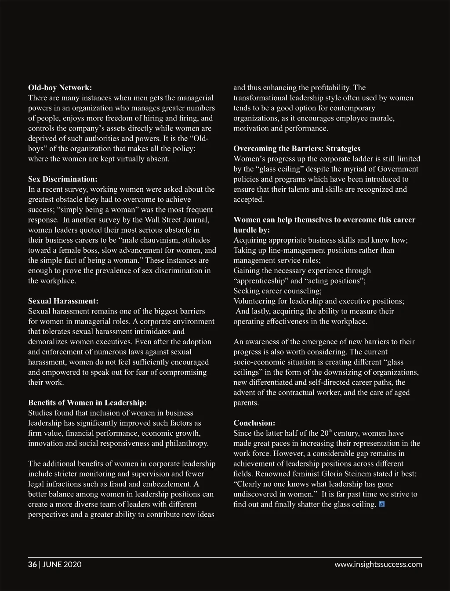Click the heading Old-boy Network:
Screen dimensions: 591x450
(x=60, y=88)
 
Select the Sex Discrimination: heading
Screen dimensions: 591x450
(x=62, y=179)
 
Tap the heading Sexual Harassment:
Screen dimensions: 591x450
(x=63, y=301)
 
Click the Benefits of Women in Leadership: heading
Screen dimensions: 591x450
(x=87, y=403)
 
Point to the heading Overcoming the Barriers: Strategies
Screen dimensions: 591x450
(x=297, y=149)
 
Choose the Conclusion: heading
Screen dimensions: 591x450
(x=254, y=423)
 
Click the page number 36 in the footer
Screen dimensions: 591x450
(x=33, y=564)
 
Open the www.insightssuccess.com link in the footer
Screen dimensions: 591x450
(x=378, y=564)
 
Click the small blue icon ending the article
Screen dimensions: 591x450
(x=381, y=504)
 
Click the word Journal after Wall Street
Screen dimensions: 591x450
(x=195, y=220)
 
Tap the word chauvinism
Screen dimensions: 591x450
(x=147, y=240)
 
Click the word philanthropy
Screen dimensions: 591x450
(x=186, y=443)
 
